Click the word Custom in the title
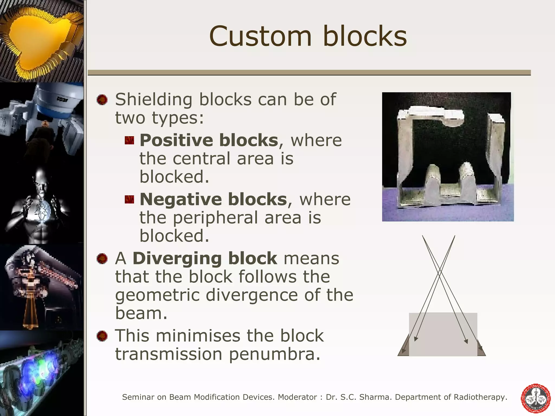(260, 37)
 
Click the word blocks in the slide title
(365, 37)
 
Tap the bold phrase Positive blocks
(209, 140)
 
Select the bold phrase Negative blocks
(213, 199)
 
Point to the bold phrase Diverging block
(205, 258)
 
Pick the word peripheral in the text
(216, 218)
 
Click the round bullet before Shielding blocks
(102, 100)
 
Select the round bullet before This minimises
(102, 336)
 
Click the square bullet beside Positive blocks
(129, 141)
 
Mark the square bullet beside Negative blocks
(129, 200)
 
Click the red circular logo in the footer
(536, 398)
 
